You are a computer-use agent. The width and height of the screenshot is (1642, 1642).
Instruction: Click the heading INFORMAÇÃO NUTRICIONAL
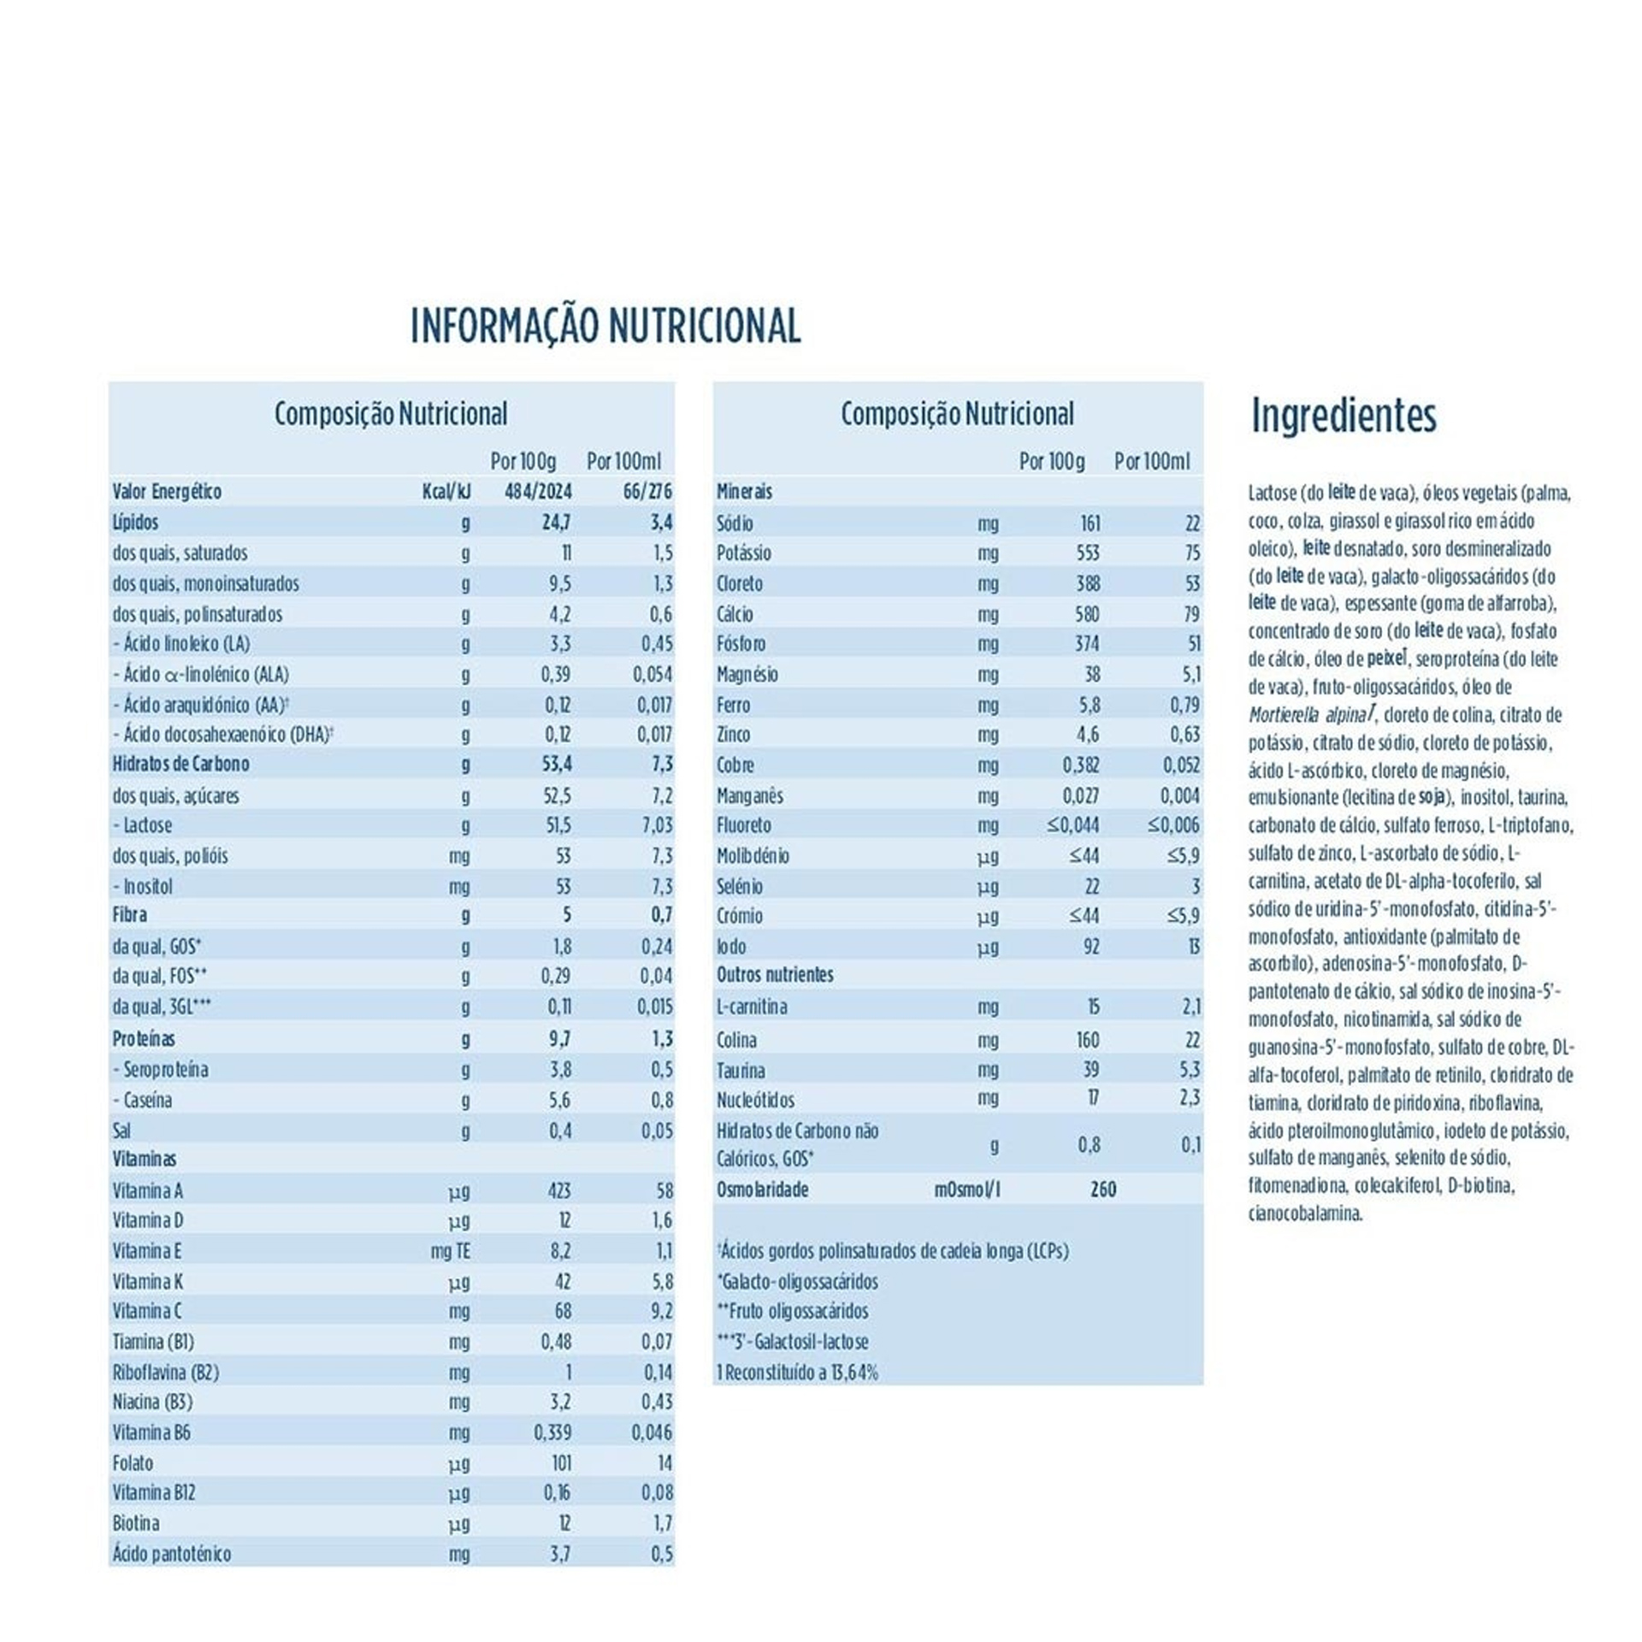click(605, 326)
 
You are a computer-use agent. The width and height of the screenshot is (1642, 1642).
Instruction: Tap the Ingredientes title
click(1344, 416)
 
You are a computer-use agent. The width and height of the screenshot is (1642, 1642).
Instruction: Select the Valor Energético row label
click(167, 492)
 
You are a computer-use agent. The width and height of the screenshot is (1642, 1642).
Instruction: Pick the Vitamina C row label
click(147, 1311)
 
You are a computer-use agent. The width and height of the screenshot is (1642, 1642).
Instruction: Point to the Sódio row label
click(735, 523)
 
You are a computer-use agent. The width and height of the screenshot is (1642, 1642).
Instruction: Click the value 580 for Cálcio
click(1087, 614)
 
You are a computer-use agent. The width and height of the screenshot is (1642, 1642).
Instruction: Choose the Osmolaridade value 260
click(1103, 1190)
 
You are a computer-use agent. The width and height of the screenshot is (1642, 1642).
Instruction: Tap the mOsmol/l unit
click(967, 1190)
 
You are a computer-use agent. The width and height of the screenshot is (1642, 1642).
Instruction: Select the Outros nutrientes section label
click(775, 975)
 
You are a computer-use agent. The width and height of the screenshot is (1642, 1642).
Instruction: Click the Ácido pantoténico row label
click(172, 1554)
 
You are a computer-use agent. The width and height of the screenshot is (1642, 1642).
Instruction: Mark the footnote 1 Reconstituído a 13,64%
click(797, 1373)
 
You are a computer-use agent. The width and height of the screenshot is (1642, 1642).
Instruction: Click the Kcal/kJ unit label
click(446, 492)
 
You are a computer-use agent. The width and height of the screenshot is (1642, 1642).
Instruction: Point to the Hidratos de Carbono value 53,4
click(556, 764)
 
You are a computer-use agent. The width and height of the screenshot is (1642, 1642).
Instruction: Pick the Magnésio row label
click(747, 675)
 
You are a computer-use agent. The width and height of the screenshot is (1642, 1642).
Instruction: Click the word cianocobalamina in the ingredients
click(1305, 1214)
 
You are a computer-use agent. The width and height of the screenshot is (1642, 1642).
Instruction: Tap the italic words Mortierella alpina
click(1308, 715)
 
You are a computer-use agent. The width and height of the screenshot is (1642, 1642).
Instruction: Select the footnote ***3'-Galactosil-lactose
click(793, 1342)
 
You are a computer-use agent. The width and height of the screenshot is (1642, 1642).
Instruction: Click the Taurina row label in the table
click(741, 1071)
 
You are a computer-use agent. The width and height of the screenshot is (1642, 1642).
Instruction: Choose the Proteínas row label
click(144, 1039)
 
